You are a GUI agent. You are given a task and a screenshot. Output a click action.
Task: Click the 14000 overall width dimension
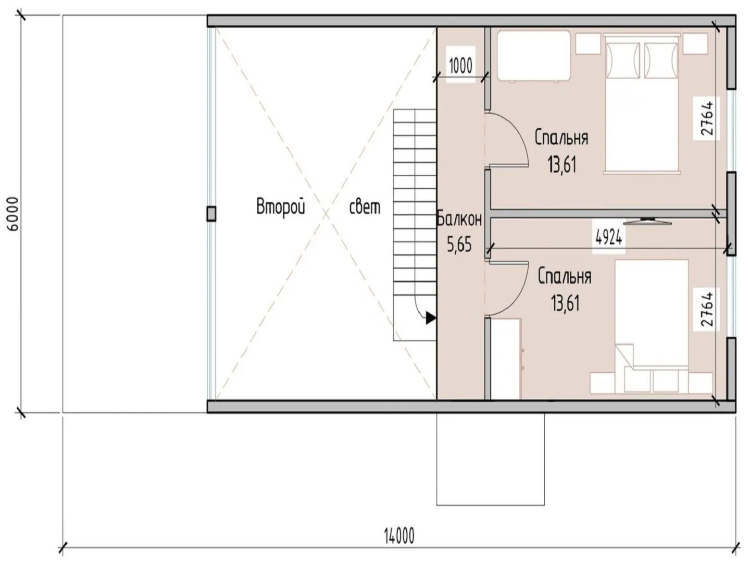coord(399,535)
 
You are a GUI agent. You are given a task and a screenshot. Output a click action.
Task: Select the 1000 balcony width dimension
coord(460,66)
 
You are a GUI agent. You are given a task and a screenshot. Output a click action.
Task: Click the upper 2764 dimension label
coord(707,118)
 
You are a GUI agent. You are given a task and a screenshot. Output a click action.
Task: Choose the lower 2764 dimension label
coord(707,309)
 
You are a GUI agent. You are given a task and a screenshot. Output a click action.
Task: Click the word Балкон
coord(459,219)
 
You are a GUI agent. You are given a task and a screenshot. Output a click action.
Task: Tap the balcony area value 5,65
coord(459,244)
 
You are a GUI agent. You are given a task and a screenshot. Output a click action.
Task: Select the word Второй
coord(281,207)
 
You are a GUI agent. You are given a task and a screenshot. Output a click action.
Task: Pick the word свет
coord(365,207)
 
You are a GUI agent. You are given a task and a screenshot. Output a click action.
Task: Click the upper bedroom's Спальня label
coord(561,138)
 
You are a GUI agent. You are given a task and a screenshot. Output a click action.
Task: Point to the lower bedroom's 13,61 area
coord(565,303)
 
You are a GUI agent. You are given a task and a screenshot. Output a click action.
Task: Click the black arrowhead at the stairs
coord(431,319)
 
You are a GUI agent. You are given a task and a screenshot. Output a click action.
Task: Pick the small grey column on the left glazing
coord(211,214)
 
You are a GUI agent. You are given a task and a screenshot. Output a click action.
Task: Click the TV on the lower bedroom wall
coord(647,221)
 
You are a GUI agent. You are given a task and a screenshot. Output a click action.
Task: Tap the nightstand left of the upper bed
coord(588,43)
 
